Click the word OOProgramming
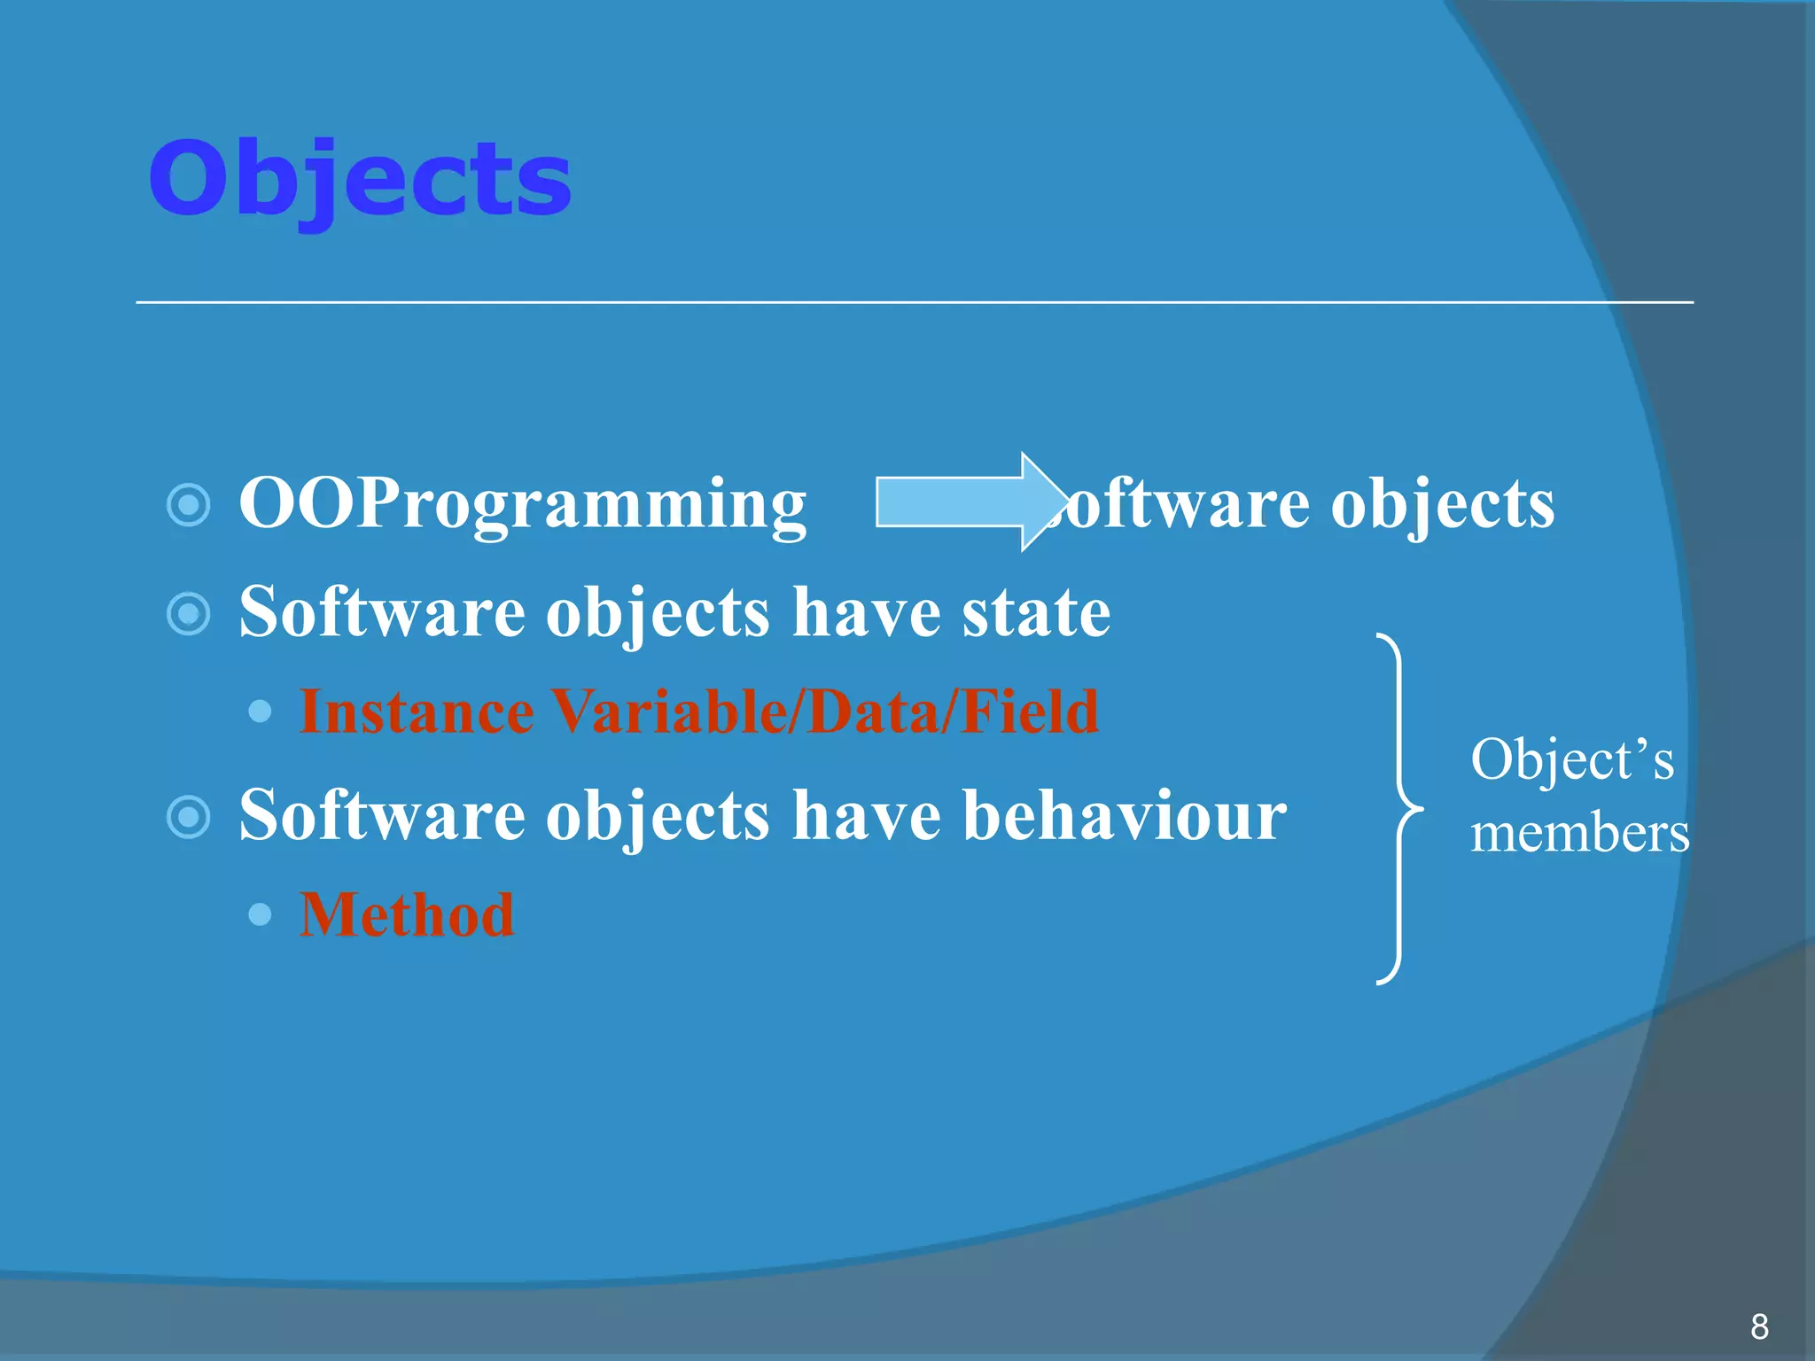point(523,503)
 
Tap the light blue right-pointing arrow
point(966,502)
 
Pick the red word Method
point(407,914)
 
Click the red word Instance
point(417,712)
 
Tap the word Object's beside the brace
point(1572,760)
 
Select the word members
point(1579,834)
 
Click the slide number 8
point(1759,1326)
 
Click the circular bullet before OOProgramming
point(189,505)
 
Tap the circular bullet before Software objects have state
point(189,614)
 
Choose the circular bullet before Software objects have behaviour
point(189,817)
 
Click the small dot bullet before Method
point(260,914)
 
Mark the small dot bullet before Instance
point(260,712)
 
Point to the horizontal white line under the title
point(913,302)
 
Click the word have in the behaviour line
point(866,814)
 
